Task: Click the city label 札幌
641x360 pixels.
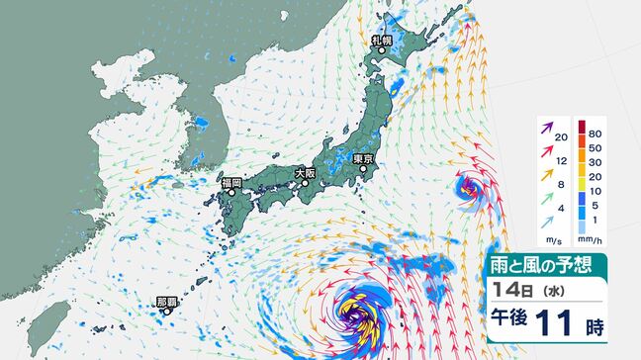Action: [381, 41]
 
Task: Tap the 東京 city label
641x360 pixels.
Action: [361, 158]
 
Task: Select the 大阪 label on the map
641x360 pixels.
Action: [305, 173]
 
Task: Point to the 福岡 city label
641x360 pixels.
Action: [232, 182]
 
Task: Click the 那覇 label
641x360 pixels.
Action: [166, 301]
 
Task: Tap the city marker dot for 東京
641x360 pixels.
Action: [363, 169]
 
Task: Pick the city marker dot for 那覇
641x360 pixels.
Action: [167, 312]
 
